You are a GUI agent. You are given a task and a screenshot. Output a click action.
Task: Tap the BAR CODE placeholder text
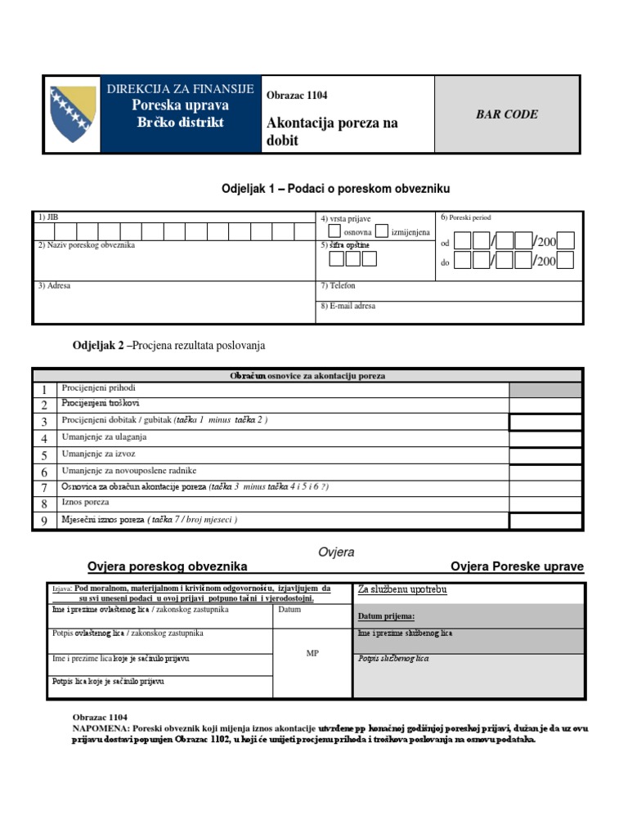(507, 114)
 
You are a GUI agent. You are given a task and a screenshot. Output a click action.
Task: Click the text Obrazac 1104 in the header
(297, 96)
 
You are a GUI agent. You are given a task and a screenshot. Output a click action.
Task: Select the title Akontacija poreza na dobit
(331, 132)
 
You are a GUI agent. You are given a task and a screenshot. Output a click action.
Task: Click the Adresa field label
(54, 286)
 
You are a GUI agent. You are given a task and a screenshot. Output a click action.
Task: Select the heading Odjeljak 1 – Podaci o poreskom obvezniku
(336, 189)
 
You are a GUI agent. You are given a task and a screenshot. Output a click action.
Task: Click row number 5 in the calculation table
(44, 455)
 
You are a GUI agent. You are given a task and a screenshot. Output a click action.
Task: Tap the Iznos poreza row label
(86, 503)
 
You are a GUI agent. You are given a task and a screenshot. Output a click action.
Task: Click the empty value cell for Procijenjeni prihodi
(545, 389)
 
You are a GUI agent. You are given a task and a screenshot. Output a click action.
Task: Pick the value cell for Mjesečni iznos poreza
(545, 521)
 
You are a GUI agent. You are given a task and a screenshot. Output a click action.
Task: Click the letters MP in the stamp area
(312, 654)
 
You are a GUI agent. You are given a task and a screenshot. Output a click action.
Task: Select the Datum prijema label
(386, 616)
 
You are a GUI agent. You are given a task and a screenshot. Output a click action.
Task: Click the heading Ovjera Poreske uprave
(517, 567)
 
